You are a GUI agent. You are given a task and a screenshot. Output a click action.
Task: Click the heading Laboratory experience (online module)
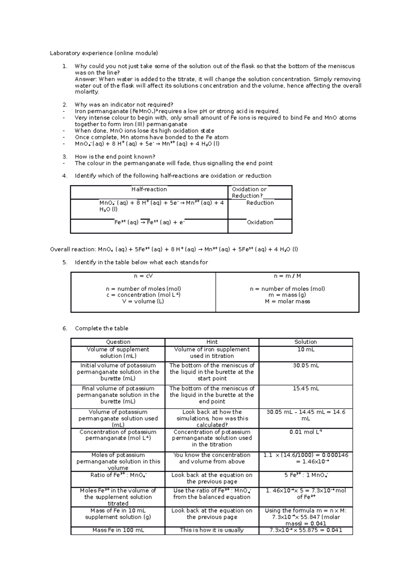[104, 53]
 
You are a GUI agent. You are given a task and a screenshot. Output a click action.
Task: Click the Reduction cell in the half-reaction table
[260, 203]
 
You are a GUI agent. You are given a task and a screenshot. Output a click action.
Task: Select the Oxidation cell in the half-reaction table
[260, 223]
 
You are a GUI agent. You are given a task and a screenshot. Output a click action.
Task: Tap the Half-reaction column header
[149, 189]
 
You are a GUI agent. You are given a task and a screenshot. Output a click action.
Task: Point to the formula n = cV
[143, 276]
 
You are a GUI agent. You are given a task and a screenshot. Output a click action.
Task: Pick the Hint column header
[212, 342]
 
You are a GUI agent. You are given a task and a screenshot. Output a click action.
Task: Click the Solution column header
[306, 342]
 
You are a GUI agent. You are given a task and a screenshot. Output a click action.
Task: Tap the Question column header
[118, 342]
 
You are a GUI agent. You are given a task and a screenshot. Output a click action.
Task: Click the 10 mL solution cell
[306, 350]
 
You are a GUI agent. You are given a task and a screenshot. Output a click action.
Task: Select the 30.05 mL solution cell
[306, 366]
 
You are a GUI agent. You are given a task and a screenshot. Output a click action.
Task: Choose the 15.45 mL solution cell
[306, 389]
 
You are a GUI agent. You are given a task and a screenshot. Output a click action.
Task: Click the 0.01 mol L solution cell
[306, 432]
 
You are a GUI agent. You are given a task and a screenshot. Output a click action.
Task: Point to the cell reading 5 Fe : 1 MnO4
[306, 475]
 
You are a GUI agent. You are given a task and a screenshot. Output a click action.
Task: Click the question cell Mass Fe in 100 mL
[118, 530]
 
